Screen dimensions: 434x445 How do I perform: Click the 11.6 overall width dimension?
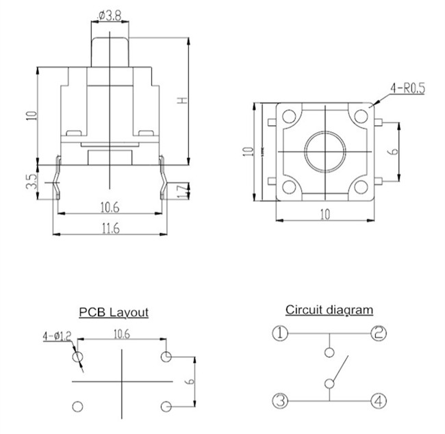tap(110, 229)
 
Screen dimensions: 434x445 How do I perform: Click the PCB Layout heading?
tap(113, 312)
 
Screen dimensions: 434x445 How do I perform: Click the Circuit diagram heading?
tap(329, 309)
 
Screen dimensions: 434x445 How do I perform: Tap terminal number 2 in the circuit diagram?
tap(378, 333)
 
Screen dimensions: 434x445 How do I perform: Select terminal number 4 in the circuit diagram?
tap(378, 400)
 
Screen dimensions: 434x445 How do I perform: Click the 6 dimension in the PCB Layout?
tap(192, 382)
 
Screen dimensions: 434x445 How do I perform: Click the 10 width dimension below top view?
tap(325, 214)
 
